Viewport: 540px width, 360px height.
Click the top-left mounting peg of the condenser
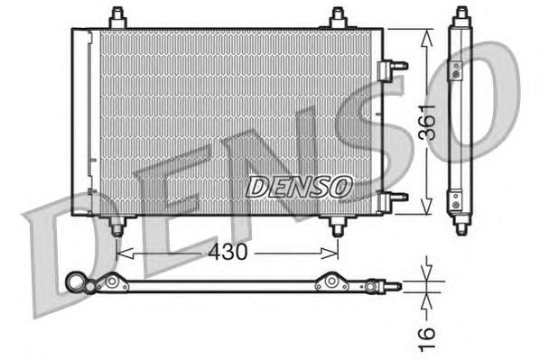pyautogui.click(x=116, y=18)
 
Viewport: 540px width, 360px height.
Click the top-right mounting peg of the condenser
pyautogui.click(x=337, y=18)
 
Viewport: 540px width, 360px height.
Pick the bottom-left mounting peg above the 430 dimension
pyautogui.click(x=116, y=226)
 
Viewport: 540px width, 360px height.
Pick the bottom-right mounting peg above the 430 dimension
pyautogui.click(x=337, y=226)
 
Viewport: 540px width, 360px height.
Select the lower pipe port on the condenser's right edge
pyautogui.click(x=394, y=198)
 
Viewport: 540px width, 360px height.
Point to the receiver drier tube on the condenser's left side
pyautogui.click(x=85, y=122)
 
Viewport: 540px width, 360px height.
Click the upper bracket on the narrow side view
pyautogui.click(x=457, y=69)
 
